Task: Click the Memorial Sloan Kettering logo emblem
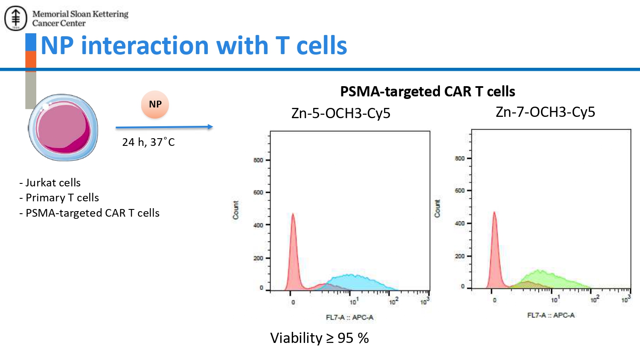point(15,18)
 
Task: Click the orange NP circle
point(155,105)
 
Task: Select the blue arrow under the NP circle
point(164,127)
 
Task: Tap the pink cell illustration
point(64,128)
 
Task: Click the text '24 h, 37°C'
point(148,142)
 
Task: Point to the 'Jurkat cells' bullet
point(50,183)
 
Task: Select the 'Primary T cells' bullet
point(59,197)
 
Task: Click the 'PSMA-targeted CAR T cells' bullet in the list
point(90,213)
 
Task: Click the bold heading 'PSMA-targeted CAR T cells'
point(428,91)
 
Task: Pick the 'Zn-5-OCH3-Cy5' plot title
point(340,113)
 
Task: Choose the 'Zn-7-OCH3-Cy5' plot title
point(545,112)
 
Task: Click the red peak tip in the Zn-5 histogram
point(293,214)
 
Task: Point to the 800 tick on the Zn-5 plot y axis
point(258,160)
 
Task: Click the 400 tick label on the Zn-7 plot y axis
point(460,223)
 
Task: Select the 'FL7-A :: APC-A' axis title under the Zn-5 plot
point(349,317)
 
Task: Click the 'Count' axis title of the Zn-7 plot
point(437,209)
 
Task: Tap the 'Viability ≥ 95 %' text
point(320,338)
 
